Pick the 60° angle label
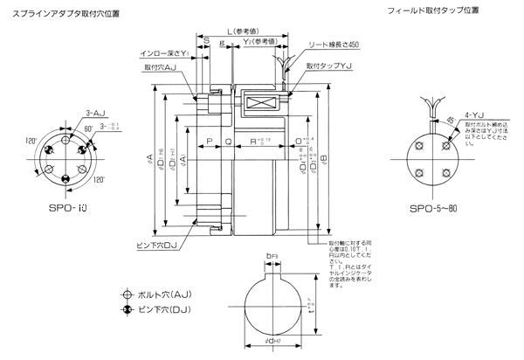tap(87, 128)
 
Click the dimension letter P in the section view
tap(210, 140)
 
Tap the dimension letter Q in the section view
tap(228, 140)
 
